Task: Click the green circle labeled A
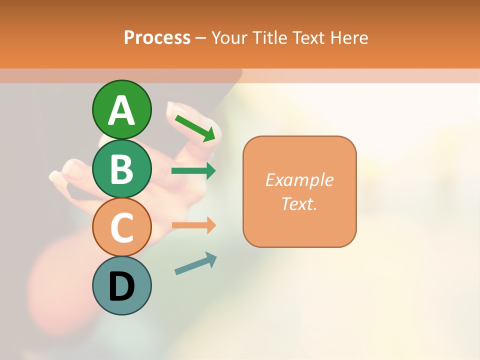(x=122, y=109)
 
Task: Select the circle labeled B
(x=122, y=169)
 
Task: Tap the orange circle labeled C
(x=122, y=227)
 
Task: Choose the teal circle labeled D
(x=122, y=286)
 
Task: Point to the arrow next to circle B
(x=193, y=171)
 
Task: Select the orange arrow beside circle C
(x=193, y=225)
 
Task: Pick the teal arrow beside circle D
(x=195, y=264)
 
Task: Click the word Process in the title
(x=157, y=38)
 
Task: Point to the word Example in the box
(x=299, y=180)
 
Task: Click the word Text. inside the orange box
(x=299, y=203)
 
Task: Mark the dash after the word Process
(x=201, y=38)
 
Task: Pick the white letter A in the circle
(x=122, y=110)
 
